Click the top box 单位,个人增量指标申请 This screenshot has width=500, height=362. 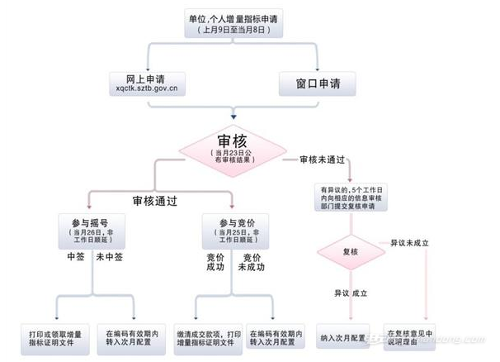click(235, 23)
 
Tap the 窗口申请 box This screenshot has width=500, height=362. click(318, 83)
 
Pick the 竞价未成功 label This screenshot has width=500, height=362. click(252, 263)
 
